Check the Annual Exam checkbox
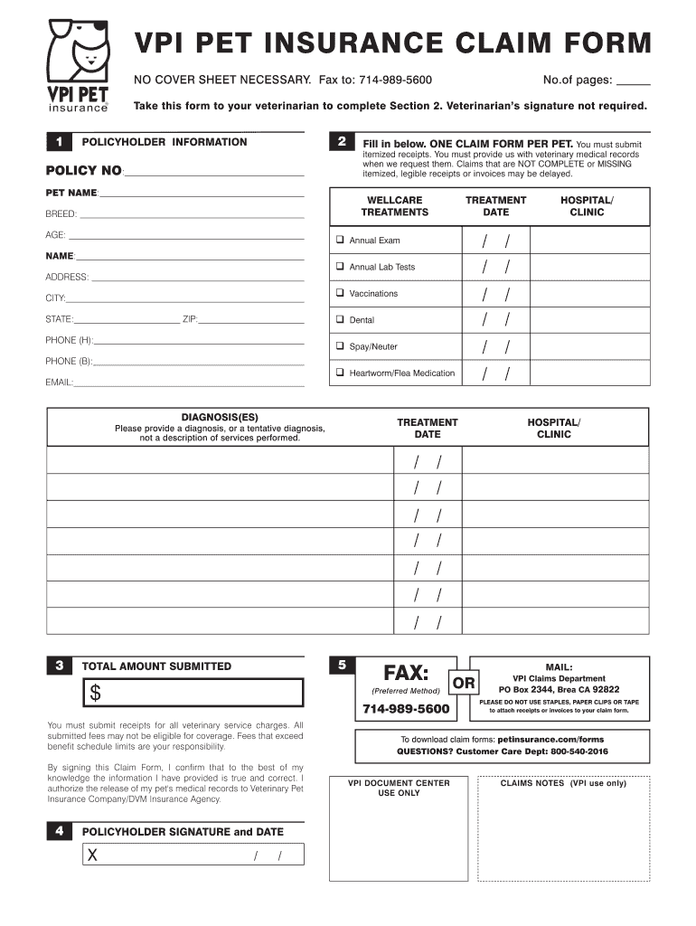[341, 241]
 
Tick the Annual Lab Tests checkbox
[341, 267]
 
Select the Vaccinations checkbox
[341, 293]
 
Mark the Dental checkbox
[341, 320]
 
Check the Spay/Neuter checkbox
[341, 346]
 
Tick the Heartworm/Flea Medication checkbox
[341, 373]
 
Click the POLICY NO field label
[83, 171]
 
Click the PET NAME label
[71, 194]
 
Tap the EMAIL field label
[59, 383]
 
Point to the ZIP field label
[190, 319]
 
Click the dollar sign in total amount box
[94, 694]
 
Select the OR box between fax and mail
[464, 684]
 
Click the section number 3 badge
[59, 666]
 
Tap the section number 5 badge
[342, 666]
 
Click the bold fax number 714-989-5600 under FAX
[406, 709]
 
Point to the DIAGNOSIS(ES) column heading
[220, 418]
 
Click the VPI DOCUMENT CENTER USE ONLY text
[399, 788]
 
